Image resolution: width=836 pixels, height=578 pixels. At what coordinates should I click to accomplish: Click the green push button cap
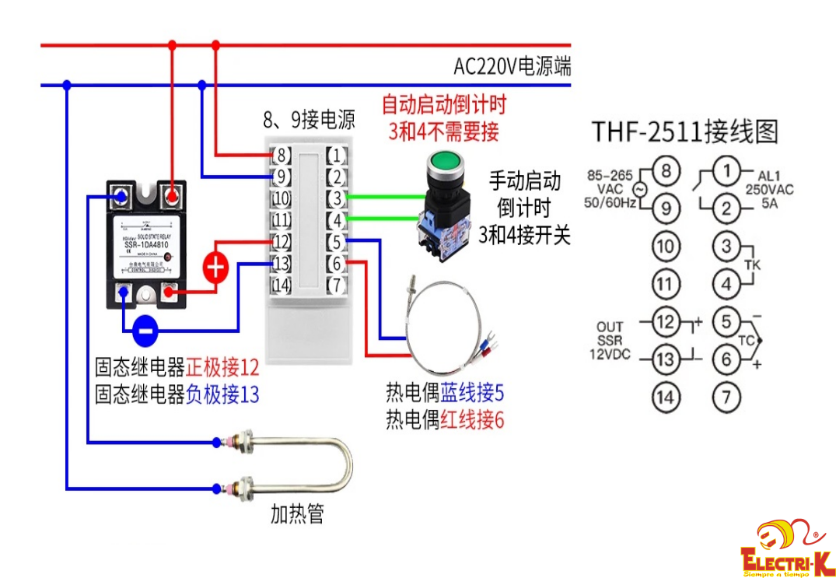click(445, 163)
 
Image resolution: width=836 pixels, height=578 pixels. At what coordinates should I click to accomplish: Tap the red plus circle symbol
click(215, 268)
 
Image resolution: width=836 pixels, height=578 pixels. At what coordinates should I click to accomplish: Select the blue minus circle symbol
click(145, 330)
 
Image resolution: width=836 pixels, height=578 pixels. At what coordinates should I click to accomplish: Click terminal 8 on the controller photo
click(281, 155)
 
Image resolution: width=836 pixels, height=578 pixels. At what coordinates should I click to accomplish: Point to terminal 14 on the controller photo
click(281, 285)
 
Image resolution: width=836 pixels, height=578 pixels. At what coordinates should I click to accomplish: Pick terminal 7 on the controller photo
click(335, 285)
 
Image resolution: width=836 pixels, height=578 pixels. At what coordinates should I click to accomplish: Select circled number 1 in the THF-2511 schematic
click(726, 171)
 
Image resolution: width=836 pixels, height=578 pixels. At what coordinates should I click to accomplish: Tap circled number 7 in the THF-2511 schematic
click(726, 398)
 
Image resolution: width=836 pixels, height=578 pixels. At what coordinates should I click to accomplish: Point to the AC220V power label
click(512, 67)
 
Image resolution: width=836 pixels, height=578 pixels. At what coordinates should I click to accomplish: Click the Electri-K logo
click(786, 548)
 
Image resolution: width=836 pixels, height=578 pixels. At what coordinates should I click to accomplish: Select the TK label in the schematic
click(751, 265)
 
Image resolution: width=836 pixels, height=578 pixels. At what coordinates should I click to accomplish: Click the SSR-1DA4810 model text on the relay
click(147, 247)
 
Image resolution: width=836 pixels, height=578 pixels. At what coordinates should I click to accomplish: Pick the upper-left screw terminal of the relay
click(121, 195)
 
